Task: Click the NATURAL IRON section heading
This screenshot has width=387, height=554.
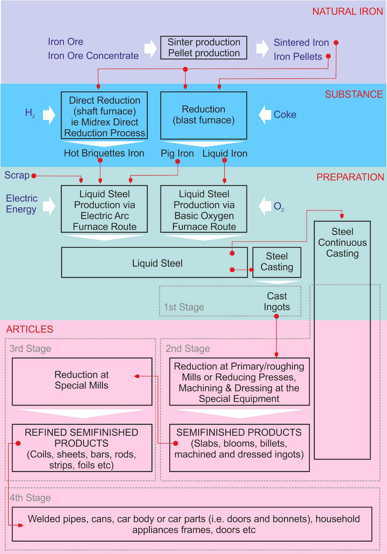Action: pos(347,11)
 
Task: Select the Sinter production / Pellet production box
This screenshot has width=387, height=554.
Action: pos(204,48)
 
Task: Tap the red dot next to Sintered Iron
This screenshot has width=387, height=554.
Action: pos(336,43)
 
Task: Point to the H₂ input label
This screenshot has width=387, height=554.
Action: pos(30,113)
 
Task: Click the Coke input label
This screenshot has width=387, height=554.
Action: pos(285,115)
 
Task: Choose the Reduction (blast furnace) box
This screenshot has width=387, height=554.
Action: pos(204,115)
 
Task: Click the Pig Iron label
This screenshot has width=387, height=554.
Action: pos(177,153)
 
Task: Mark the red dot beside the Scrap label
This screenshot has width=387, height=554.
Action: pos(34,176)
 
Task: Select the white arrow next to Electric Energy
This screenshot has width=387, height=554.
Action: pos(49,206)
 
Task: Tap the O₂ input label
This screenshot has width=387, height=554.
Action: pos(278,206)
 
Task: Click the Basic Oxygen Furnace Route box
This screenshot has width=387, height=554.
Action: pos(204,209)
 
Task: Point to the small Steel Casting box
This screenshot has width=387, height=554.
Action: pos(277,262)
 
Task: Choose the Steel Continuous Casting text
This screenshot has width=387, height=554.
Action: pos(342,243)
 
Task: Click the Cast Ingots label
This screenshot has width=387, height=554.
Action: pos(277,301)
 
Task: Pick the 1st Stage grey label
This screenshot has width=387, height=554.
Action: pos(184,307)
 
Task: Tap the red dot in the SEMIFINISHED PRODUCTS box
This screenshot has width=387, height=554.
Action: pos(176,443)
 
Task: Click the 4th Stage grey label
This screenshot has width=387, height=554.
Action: pos(30,498)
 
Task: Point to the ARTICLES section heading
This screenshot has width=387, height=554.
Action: pos(29,329)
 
